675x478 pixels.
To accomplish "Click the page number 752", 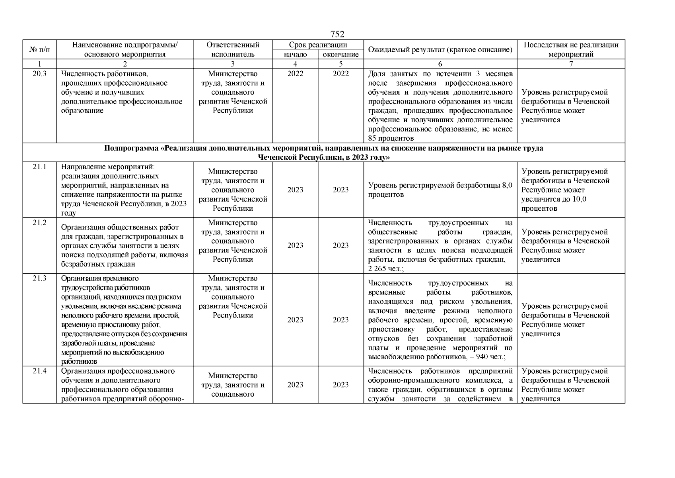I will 337,34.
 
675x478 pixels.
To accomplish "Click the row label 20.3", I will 39,74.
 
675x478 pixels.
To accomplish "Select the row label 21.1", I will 39,167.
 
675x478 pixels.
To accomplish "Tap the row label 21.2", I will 39,223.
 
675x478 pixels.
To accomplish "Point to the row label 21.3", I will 39,278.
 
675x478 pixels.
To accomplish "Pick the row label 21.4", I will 39,371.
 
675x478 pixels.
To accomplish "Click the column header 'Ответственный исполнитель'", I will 233,49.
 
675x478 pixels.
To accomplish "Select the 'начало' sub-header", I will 295,55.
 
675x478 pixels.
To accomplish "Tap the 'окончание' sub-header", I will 340,55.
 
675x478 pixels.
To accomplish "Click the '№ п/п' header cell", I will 39,50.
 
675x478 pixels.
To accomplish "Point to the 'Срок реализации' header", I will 318,45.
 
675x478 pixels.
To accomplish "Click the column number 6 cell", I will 440,64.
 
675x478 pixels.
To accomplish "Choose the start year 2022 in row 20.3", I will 295,74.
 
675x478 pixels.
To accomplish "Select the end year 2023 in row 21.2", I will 340,245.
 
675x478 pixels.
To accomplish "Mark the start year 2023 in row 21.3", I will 295,320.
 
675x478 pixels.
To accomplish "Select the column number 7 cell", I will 571,64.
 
